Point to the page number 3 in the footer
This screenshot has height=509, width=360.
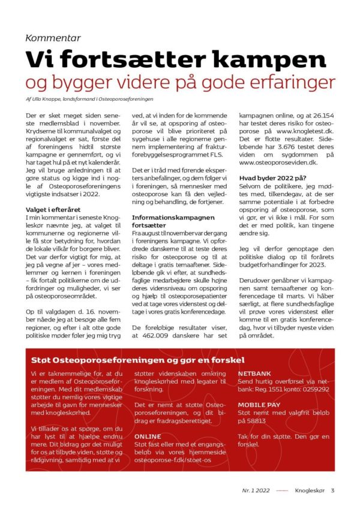click(332, 490)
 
